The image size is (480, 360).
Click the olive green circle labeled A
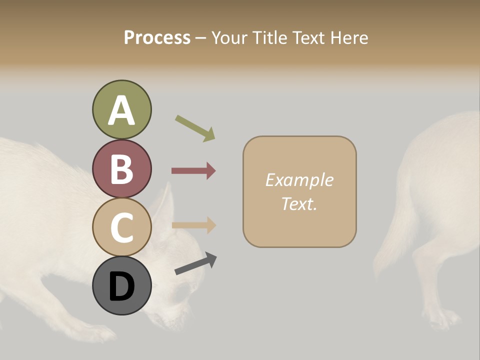pyautogui.click(x=121, y=109)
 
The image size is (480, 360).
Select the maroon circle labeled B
pyautogui.click(x=121, y=168)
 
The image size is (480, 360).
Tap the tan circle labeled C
pyautogui.click(x=121, y=227)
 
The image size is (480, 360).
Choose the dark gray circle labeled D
pyautogui.click(x=121, y=286)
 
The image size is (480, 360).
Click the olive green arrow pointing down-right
pyautogui.click(x=195, y=128)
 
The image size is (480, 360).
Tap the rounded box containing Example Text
pyautogui.click(x=299, y=191)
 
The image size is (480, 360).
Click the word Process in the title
pyautogui.click(x=157, y=37)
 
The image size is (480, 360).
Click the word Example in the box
pyautogui.click(x=299, y=180)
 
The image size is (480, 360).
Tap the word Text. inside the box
pyautogui.click(x=299, y=203)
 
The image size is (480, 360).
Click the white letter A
pyautogui.click(x=121, y=110)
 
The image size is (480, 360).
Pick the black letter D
pyautogui.click(x=121, y=287)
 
